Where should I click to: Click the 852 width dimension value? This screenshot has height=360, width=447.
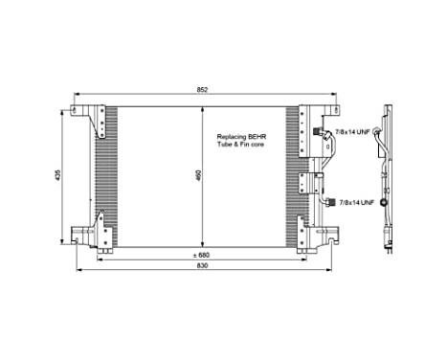202,89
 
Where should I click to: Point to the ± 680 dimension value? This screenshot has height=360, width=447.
201,256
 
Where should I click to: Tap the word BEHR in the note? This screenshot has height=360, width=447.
256,136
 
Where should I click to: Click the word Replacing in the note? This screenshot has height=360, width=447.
233,136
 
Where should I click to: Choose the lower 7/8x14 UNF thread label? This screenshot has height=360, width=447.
356,202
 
